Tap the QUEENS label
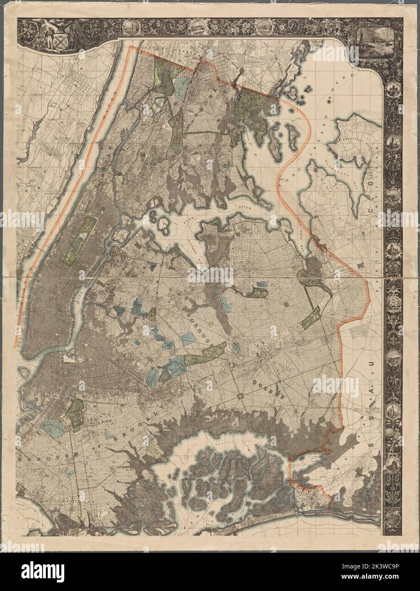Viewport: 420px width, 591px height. (267, 386)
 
